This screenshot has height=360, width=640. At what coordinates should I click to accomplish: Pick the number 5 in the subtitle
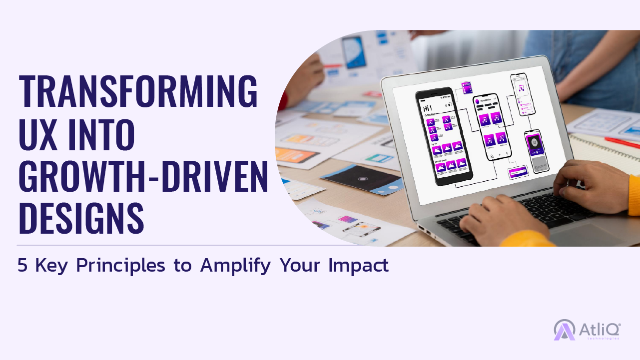coord(22,266)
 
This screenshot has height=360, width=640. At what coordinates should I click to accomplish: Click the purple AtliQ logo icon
coord(565,330)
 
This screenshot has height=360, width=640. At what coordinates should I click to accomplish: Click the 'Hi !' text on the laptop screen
coord(428,108)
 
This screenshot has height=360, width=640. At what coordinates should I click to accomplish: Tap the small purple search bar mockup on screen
coord(518,173)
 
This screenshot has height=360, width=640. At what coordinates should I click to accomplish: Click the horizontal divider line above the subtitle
coord(187,246)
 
